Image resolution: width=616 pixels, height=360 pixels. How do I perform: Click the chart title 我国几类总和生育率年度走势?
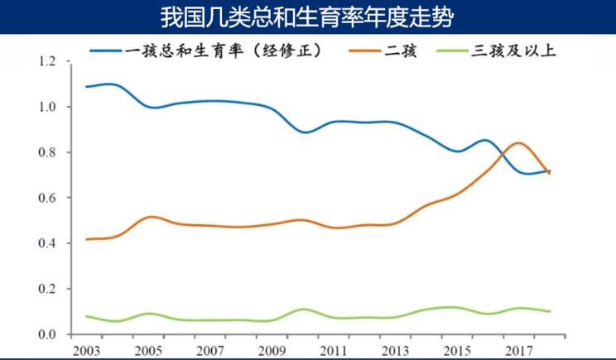(x=307, y=17)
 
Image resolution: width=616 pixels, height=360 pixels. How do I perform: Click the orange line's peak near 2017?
(x=517, y=143)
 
